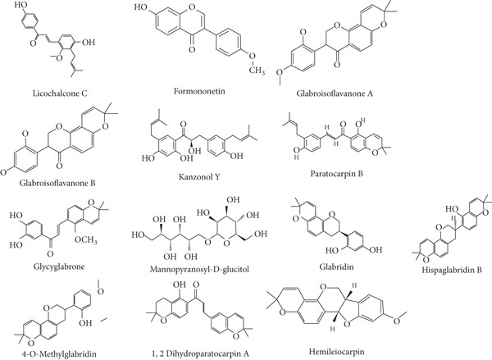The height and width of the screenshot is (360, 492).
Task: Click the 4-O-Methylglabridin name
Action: pyautogui.click(x=58, y=348)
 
